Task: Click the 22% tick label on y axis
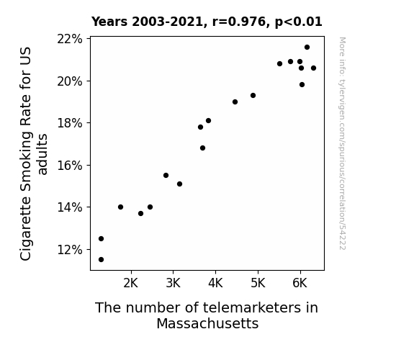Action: point(70,39)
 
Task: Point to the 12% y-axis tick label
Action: point(70,250)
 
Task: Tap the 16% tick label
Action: point(70,166)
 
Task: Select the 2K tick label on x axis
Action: point(131,283)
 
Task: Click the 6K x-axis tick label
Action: point(300,283)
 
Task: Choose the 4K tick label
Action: point(215,283)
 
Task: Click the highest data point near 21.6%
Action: point(307,48)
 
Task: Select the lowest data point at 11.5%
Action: point(101,260)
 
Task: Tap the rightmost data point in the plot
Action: point(313,68)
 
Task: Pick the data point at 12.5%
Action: point(101,239)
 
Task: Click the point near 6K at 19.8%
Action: point(302,85)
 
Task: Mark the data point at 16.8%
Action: point(202,148)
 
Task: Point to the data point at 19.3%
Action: point(253,95)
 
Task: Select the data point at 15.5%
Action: point(166,176)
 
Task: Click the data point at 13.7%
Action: point(140,213)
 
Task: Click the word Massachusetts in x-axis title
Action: point(207,323)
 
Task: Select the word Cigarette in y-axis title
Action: point(26,228)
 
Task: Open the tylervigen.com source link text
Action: point(342,143)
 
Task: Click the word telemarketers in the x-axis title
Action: point(251,307)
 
